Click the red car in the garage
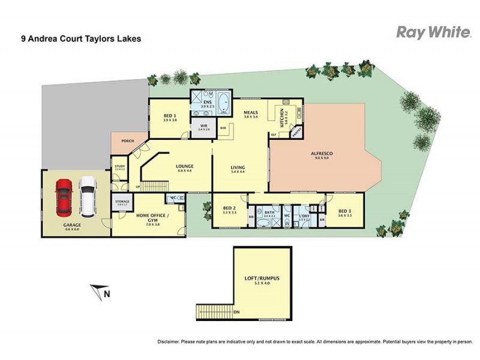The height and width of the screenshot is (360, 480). [x=64, y=197]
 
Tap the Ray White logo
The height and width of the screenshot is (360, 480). [x=433, y=32]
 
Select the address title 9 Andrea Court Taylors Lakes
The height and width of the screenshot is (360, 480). [x=74, y=40]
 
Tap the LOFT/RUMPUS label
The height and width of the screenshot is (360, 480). [x=262, y=279]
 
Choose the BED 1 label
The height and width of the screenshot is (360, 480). [x=169, y=116]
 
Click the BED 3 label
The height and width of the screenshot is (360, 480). [x=344, y=211]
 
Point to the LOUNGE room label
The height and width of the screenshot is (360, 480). [x=184, y=166]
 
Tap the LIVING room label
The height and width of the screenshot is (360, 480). [x=239, y=169]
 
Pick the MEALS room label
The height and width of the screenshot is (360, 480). [x=250, y=112]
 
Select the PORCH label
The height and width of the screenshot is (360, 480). [x=128, y=141]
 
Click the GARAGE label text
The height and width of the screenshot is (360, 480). [x=73, y=226]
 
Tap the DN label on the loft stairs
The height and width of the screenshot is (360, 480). [x=236, y=312]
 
